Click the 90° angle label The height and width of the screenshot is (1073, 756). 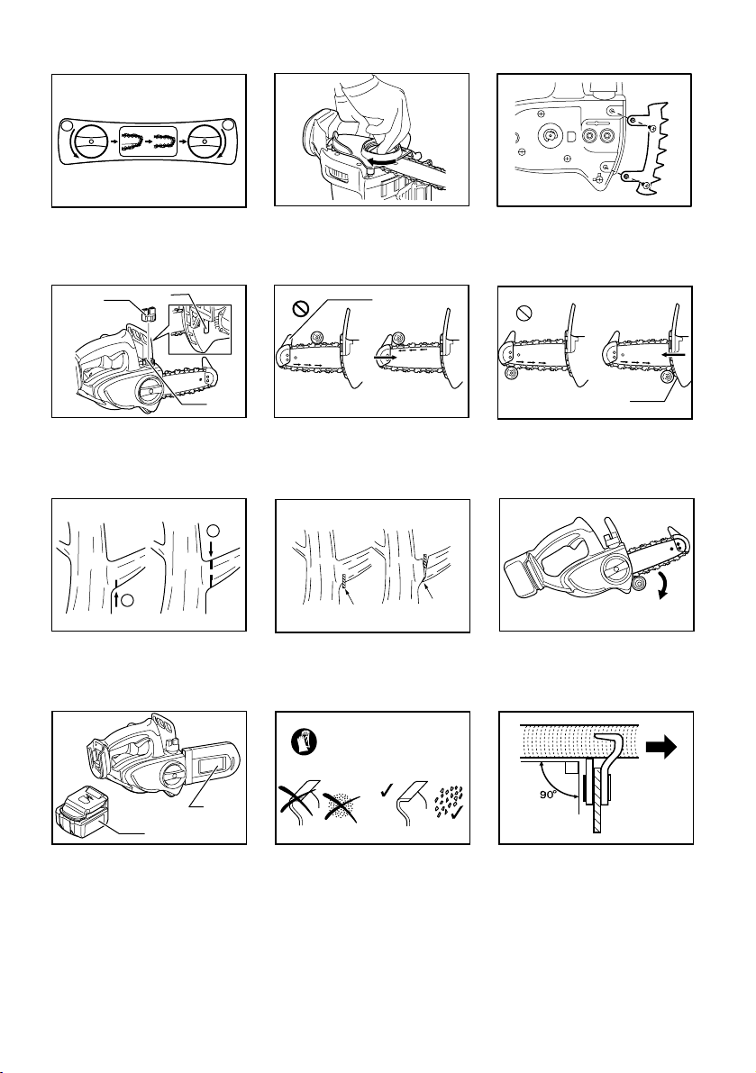click(548, 796)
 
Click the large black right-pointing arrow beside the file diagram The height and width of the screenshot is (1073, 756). click(662, 748)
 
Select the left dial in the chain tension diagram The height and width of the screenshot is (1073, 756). click(91, 141)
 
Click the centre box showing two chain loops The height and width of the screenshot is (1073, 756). click(149, 141)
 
